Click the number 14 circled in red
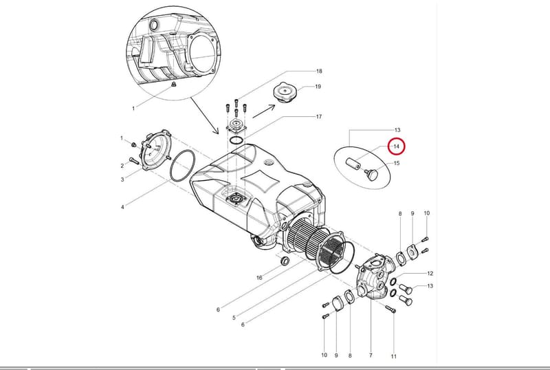click(396, 146)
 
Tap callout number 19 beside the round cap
click(318, 87)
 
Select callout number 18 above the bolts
click(319, 72)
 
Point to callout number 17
click(319, 116)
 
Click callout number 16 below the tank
click(259, 278)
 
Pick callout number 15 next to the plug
click(397, 163)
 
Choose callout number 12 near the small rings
click(430, 274)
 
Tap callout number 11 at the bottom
click(393, 356)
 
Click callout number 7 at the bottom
click(371, 356)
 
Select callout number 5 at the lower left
click(234, 318)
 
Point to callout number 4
click(122, 207)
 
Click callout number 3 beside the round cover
click(122, 179)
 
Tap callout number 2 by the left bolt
click(122, 166)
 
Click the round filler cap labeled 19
click(285, 91)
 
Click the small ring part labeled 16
click(285, 261)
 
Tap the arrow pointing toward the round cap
click(265, 111)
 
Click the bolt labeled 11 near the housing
click(390, 309)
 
